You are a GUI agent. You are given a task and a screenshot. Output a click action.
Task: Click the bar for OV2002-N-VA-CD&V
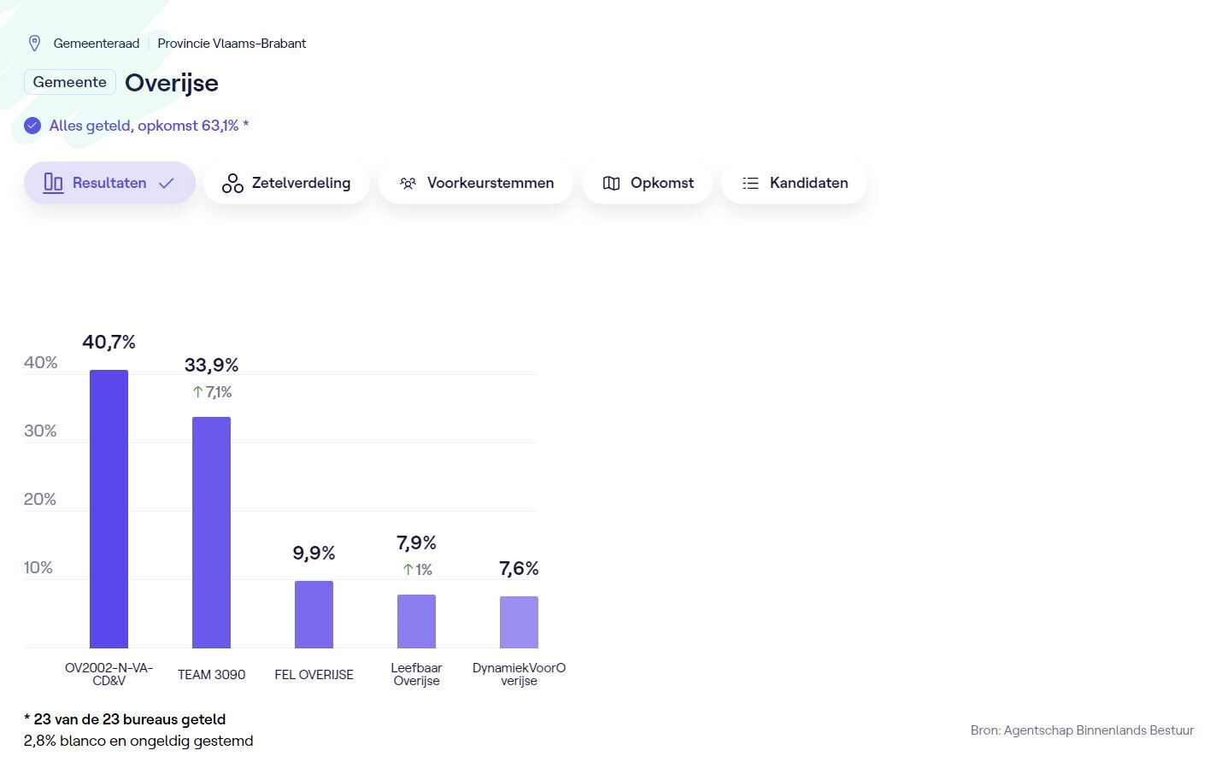tap(109, 508)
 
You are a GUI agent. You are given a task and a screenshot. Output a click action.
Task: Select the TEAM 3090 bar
tap(211, 532)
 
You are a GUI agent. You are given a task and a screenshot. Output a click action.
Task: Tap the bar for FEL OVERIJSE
tap(314, 614)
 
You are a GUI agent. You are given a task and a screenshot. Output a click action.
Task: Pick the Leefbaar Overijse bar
tap(416, 621)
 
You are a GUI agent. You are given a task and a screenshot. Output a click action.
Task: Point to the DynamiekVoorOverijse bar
tap(519, 622)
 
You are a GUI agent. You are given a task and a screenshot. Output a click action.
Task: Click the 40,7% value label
tap(109, 343)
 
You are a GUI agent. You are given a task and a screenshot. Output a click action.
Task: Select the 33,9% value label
tap(211, 366)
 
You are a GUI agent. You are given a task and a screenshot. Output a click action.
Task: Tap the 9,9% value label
tap(314, 554)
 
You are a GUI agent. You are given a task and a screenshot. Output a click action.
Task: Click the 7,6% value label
tap(519, 569)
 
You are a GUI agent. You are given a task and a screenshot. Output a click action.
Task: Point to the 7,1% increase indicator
tap(212, 392)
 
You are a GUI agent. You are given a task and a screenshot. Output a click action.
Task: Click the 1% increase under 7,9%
tap(417, 570)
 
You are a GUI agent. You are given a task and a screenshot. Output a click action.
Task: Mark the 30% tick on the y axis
tap(40, 431)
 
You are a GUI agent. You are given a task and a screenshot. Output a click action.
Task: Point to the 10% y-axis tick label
tap(38, 568)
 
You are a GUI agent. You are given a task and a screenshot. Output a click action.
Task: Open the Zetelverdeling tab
tap(286, 183)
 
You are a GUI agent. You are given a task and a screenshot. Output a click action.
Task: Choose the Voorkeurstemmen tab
tap(476, 183)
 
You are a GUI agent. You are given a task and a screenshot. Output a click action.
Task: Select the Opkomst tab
tap(647, 183)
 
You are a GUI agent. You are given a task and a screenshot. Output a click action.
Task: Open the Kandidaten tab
tap(794, 183)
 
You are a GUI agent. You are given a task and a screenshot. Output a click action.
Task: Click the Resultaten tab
tap(109, 183)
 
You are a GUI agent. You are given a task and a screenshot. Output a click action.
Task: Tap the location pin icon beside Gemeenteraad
tap(35, 44)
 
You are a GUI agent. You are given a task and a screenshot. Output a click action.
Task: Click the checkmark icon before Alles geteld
tap(32, 126)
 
